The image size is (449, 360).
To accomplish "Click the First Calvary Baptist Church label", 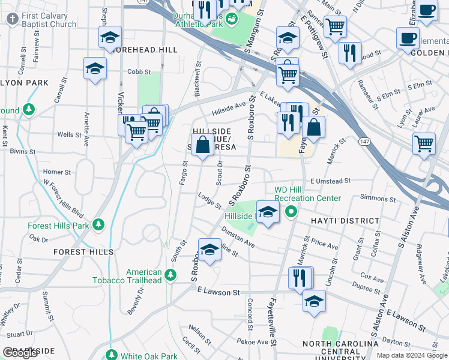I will [47, 19].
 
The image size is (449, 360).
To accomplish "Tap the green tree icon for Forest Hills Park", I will [99, 226].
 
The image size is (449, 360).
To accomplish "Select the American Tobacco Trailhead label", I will [127, 275].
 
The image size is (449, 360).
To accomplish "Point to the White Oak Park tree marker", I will [110, 355].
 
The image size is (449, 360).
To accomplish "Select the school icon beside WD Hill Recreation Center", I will [268, 211].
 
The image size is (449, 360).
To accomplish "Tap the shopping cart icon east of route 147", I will [424, 145].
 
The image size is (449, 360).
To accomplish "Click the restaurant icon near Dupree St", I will [300, 278].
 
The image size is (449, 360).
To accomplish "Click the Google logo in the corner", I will [20, 352].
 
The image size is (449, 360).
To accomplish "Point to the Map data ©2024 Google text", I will [412, 355].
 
